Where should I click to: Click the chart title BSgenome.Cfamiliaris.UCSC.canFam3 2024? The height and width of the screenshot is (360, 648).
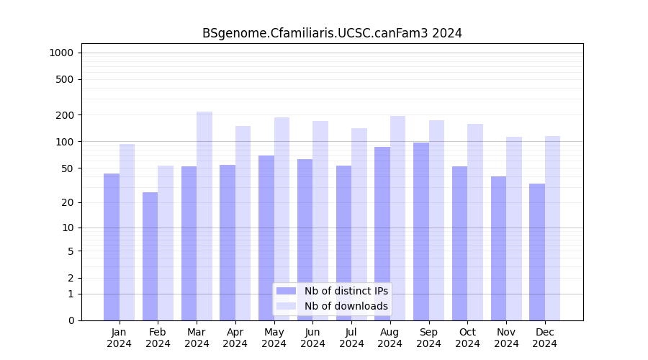(x=332, y=33)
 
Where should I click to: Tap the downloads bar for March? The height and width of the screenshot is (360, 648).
(x=204, y=216)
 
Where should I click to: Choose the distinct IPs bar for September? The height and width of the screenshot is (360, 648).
(x=421, y=231)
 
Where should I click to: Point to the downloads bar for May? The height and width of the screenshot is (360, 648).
(x=282, y=219)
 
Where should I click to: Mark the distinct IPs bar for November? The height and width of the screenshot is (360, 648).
(x=498, y=248)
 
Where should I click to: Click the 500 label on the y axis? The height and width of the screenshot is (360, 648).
(x=66, y=79)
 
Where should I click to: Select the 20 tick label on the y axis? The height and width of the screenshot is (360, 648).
(x=68, y=202)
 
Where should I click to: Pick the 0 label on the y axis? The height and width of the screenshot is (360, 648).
(x=71, y=320)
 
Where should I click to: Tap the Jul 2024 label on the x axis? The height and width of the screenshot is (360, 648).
(x=351, y=338)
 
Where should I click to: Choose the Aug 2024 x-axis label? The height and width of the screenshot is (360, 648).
(x=390, y=338)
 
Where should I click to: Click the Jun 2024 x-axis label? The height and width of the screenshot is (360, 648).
(x=312, y=338)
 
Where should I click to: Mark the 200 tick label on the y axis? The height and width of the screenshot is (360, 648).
(x=66, y=115)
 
